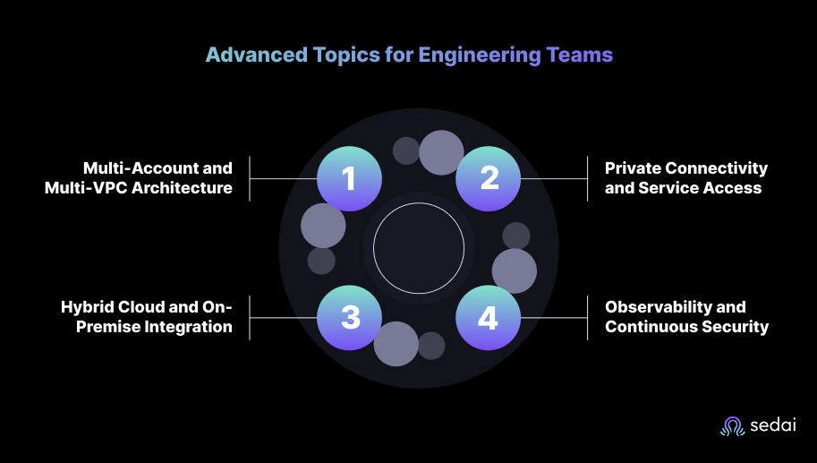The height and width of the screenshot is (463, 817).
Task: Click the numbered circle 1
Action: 350,178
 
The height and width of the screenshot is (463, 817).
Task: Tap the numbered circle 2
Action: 489,178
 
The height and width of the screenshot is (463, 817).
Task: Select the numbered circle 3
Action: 350,317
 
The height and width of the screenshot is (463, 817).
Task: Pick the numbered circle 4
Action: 489,317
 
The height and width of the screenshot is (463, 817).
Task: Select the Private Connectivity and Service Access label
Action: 685,177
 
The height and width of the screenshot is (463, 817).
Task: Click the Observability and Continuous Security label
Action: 686,317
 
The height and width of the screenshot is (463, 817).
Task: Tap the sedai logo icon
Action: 732,426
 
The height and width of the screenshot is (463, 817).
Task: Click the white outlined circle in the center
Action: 419,248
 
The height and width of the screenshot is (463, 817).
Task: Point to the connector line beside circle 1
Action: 284,178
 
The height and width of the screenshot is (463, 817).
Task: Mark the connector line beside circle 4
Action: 553,317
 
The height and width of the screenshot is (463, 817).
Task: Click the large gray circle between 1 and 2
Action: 441,152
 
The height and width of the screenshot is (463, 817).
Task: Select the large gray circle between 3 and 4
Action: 396,344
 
